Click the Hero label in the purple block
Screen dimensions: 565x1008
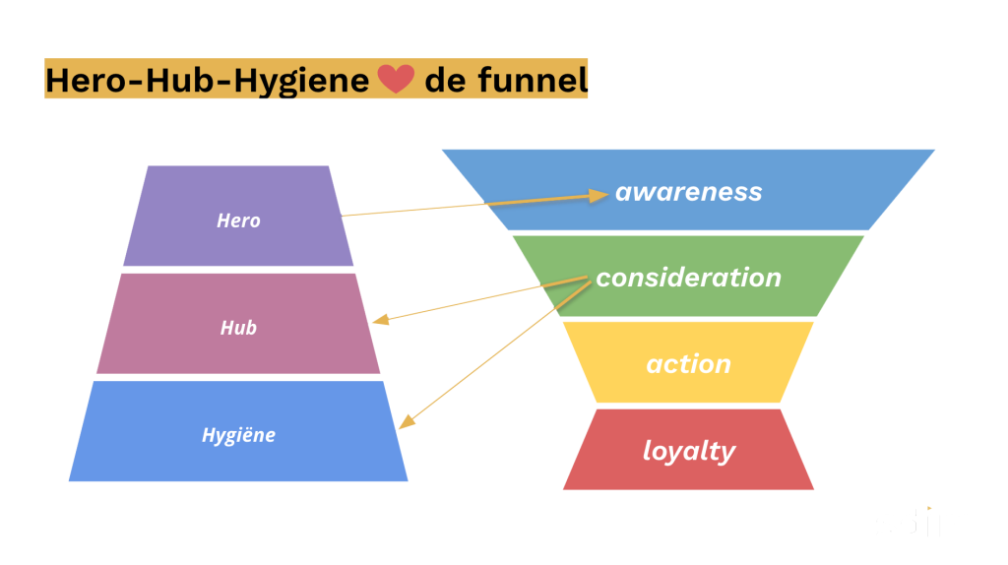point(238,220)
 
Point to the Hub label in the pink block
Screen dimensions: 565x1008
point(238,328)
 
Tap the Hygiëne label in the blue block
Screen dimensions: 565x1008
point(238,435)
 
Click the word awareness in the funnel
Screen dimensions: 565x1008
point(688,192)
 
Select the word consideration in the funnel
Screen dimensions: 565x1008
point(688,278)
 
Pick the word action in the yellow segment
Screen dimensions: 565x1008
point(688,364)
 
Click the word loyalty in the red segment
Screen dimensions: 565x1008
point(688,451)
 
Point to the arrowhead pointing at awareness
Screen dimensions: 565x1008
point(601,195)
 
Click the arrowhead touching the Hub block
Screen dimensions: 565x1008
point(378,320)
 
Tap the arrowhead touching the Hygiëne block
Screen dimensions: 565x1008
point(403,424)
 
